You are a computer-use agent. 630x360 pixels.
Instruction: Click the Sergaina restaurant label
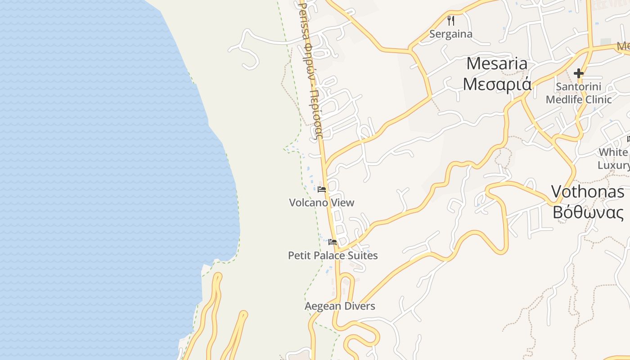[x=451, y=34]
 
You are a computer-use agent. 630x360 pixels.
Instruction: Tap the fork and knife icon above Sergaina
[x=451, y=20]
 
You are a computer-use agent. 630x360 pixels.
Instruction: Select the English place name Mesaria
[x=497, y=63]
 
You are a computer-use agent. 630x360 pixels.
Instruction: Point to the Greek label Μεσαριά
[x=497, y=84]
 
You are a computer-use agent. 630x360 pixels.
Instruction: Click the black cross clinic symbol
[x=579, y=73]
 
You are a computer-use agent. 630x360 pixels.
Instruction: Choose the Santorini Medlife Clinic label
[x=579, y=93]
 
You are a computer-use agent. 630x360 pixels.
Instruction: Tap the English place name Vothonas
[x=588, y=192]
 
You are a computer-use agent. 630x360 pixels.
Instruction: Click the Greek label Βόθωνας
[x=588, y=211]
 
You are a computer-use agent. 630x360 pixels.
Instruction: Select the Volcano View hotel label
[x=322, y=202]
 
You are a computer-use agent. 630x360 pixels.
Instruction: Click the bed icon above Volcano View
[x=322, y=189]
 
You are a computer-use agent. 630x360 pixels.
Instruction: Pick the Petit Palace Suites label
[x=333, y=256]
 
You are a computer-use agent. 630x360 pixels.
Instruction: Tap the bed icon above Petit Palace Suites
[x=333, y=242]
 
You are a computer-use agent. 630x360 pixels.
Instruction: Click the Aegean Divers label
[x=340, y=306]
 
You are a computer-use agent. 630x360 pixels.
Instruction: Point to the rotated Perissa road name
[x=311, y=67]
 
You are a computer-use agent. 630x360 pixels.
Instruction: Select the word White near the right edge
[x=613, y=152]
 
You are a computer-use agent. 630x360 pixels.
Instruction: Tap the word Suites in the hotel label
[x=363, y=256]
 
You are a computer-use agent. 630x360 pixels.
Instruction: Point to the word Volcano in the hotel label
[x=308, y=202]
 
